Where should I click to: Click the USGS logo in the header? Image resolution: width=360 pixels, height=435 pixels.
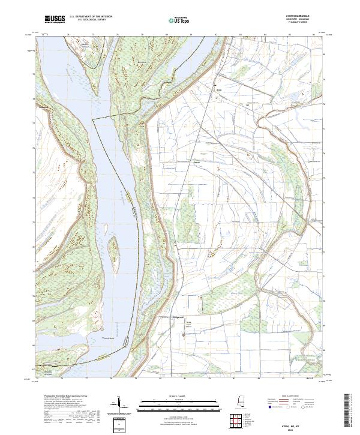click(x=55, y=20)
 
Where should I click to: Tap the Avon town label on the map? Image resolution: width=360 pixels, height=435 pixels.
click(x=219, y=91)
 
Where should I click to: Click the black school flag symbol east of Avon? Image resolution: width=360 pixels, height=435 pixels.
click(x=247, y=105)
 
